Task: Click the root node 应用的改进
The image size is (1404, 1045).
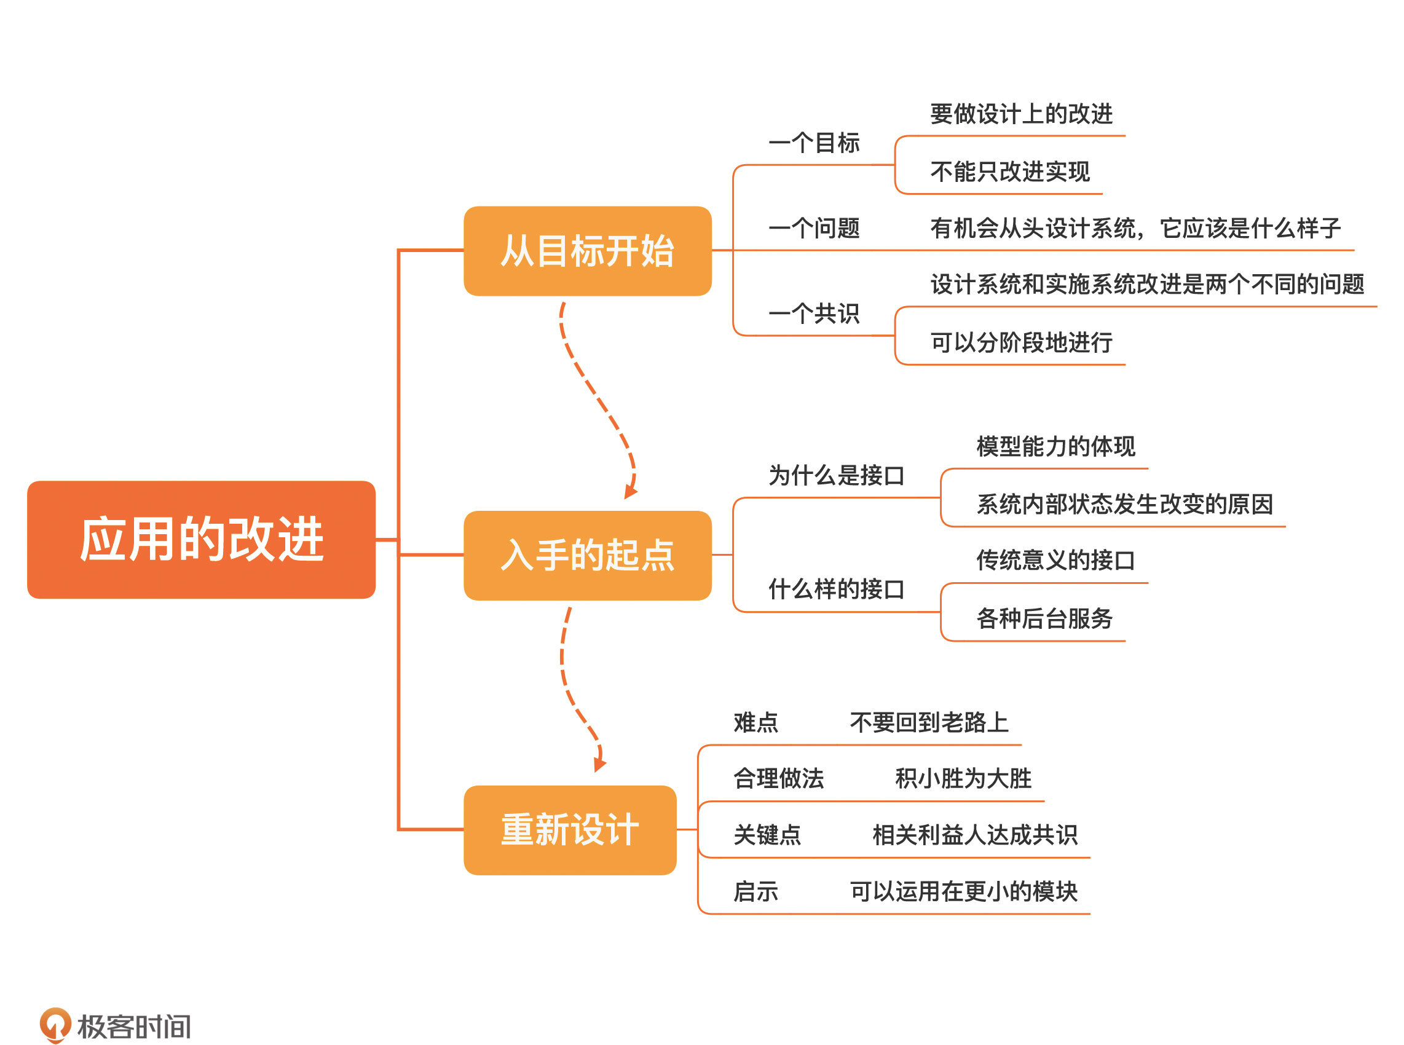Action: click(201, 540)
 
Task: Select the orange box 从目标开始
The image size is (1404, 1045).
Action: click(587, 251)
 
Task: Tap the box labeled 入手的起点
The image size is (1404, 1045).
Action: click(587, 556)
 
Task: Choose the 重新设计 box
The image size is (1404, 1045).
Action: click(569, 830)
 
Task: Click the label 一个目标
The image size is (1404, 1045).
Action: click(814, 143)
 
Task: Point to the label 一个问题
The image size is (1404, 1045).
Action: click(814, 228)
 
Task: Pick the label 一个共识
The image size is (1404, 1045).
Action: click(814, 313)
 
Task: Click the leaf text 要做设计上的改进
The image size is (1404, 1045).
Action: click(1021, 114)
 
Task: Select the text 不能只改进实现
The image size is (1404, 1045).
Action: click(1009, 172)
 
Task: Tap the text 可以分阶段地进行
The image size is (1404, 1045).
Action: click(1021, 343)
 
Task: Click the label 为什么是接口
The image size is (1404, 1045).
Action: click(836, 476)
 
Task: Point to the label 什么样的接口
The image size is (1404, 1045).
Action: click(836, 590)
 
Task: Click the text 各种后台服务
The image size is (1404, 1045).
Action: click(1044, 618)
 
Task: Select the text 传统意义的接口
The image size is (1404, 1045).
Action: click(1055, 561)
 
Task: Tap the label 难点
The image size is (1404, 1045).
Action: click(755, 722)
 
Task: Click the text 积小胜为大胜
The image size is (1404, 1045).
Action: click(963, 779)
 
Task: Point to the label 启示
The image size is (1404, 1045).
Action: click(755, 892)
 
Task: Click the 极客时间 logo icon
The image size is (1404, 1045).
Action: click(55, 1024)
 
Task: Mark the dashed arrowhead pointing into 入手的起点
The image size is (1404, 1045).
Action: click(630, 492)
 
